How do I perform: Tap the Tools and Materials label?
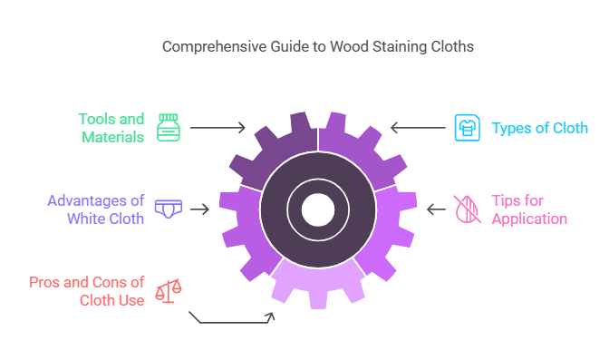(111, 128)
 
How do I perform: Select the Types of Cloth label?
(539, 128)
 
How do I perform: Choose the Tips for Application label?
(529, 209)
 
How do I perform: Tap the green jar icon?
(168, 127)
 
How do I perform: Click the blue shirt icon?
(465, 128)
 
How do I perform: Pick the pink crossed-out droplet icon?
(466, 209)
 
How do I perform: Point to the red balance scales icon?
(168, 290)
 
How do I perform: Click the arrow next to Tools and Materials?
(218, 128)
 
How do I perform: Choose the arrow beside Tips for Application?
(436, 209)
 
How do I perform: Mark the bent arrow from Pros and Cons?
(231, 320)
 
